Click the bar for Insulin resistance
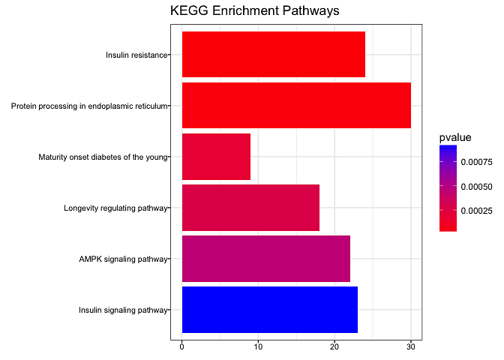[273, 54]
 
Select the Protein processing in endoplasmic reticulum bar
[296, 105]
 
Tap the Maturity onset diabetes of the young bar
[216, 157]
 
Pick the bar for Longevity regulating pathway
[250, 208]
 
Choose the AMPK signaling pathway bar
[265, 259]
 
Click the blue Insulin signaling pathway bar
[269, 310]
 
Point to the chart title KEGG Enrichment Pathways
[255, 11]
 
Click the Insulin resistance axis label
[136, 55]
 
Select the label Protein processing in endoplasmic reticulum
[88, 106]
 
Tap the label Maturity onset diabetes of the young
[103, 157]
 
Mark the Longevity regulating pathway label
[115, 208]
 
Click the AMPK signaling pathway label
[123, 259]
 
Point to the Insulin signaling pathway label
[123, 310]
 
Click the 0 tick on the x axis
[182, 346]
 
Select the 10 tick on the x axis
[258, 346]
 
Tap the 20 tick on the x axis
[334, 346]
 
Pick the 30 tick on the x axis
[410, 346]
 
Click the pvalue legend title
[455, 137]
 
